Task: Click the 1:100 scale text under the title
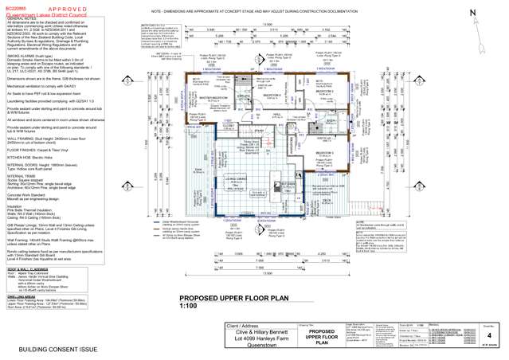tap(188, 306)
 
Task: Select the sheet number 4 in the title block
tap(490, 335)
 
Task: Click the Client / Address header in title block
tap(201, 327)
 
